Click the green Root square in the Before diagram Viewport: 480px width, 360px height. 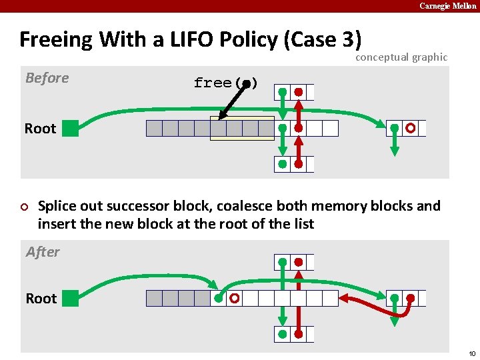pos(70,129)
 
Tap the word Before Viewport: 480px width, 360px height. pos(47,78)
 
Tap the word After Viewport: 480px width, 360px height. pos(43,252)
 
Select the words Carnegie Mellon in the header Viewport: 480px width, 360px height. pos(447,6)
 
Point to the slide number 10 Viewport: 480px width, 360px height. pos(471,353)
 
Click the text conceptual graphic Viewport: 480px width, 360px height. pos(401,57)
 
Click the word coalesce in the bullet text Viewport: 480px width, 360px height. pos(293,206)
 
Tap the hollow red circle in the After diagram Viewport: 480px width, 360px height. pos(234,299)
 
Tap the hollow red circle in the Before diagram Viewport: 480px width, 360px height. pos(411,128)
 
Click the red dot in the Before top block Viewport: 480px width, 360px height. pos(299,92)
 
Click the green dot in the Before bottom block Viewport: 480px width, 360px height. pos(283,164)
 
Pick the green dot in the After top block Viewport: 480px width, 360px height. pos(283,262)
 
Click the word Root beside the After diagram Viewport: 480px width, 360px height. pos(41,299)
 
